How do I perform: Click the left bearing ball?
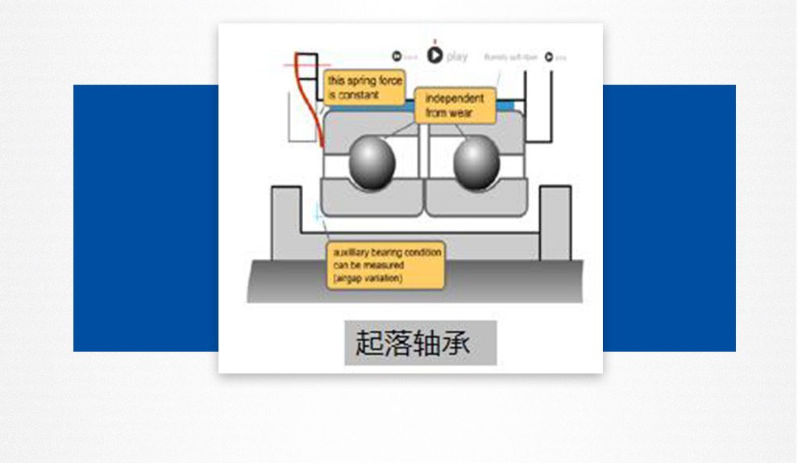(372, 164)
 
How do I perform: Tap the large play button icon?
(434, 55)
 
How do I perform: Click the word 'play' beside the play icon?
(457, 56)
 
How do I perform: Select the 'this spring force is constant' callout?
(363, 88)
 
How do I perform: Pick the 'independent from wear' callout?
(455, 106)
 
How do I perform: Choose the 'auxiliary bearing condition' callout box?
(386, 265)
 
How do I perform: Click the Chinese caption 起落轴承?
(420, 343)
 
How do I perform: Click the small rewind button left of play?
(397, 56)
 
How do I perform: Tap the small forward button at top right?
(548, 57)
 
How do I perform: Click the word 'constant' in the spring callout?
(360, 95)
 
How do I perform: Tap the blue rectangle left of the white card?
(145, 218)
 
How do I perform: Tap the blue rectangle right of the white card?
(669, 218)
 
